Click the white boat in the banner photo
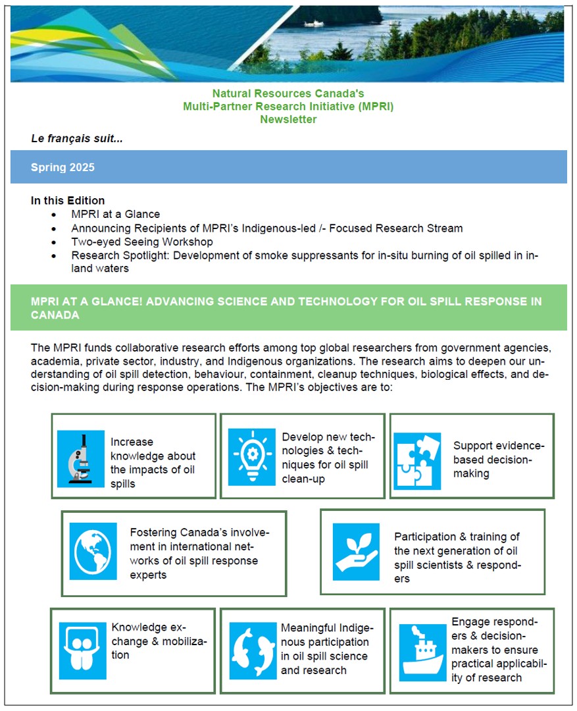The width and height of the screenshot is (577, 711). [x=314, y=24]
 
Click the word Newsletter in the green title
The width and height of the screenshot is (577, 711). [x=288, y=119]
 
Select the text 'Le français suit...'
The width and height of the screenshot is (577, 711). [x=77, y=139]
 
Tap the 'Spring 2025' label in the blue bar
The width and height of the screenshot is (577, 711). [x=63, y=167]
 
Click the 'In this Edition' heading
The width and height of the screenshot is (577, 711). [x=68, y=200]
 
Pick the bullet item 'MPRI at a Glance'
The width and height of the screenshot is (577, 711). [x=116, y=214]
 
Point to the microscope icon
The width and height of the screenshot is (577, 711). [x=81, y=458]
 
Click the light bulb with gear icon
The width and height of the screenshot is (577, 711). [x=252, y=456]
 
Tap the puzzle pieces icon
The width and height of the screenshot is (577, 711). [x=417, y=461]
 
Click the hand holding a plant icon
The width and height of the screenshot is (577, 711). [x=356, y=552]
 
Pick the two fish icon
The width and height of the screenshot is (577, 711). [x=253, y=650]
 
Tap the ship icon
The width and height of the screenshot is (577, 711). [x=422, y=649]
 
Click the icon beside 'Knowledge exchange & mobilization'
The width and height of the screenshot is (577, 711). [x=82, y=650]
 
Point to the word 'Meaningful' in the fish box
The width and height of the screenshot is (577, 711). [x=308, y=627]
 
